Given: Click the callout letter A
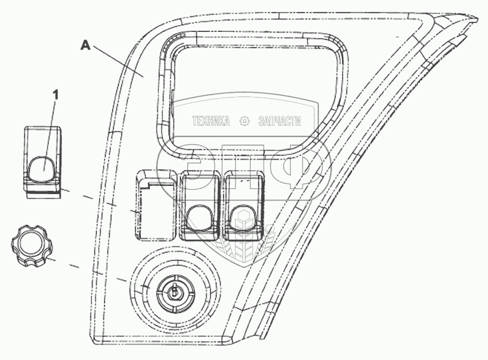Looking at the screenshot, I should (85, 45).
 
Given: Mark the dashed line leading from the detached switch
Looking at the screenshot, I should (94, 199).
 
